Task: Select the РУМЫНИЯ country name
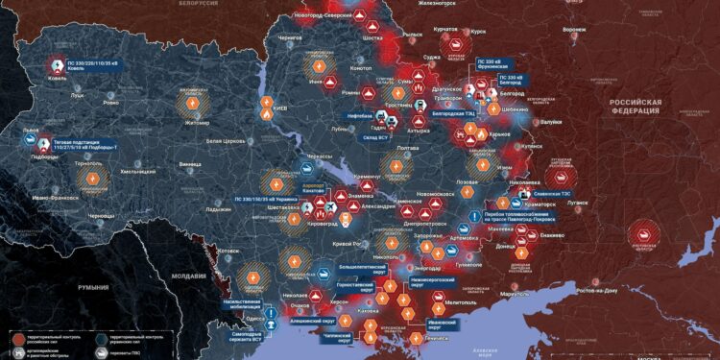tap(94, 287)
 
